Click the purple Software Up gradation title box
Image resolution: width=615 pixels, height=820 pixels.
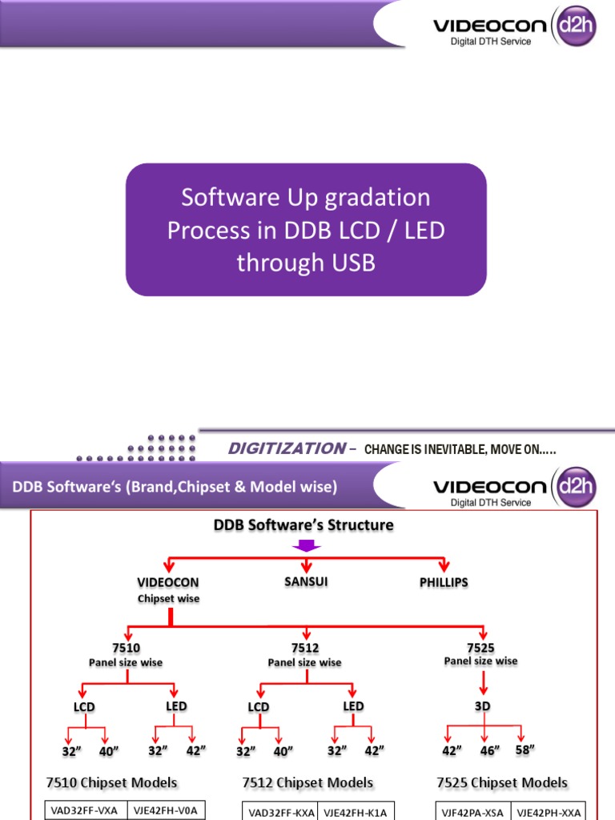coord(306,230)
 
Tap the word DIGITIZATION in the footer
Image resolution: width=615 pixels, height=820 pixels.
coord(286,448)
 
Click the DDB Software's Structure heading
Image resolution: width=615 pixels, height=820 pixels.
coord(303,525)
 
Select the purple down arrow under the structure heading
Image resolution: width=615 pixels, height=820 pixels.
coord(307,545)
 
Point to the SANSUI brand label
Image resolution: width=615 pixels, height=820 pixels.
coord(307,581)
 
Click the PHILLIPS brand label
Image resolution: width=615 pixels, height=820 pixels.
coord(443,583)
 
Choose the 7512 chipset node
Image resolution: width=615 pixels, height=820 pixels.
coord(304,647)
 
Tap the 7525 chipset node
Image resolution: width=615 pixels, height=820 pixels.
coord(480,646)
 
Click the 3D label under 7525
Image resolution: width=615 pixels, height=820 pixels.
coord(482,705)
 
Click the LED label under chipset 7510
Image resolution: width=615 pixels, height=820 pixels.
coord(176,705)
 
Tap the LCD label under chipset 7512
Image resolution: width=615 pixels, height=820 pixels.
coord(259,707)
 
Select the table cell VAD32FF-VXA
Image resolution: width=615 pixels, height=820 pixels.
coord(84,810)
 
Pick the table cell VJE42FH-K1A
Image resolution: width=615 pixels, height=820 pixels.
coord(356,812)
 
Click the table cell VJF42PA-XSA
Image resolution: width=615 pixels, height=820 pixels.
coord(472,812)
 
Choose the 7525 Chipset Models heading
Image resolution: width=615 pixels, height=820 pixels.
coord(502,782)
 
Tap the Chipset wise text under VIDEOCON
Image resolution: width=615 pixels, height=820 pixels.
coord(168,598)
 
